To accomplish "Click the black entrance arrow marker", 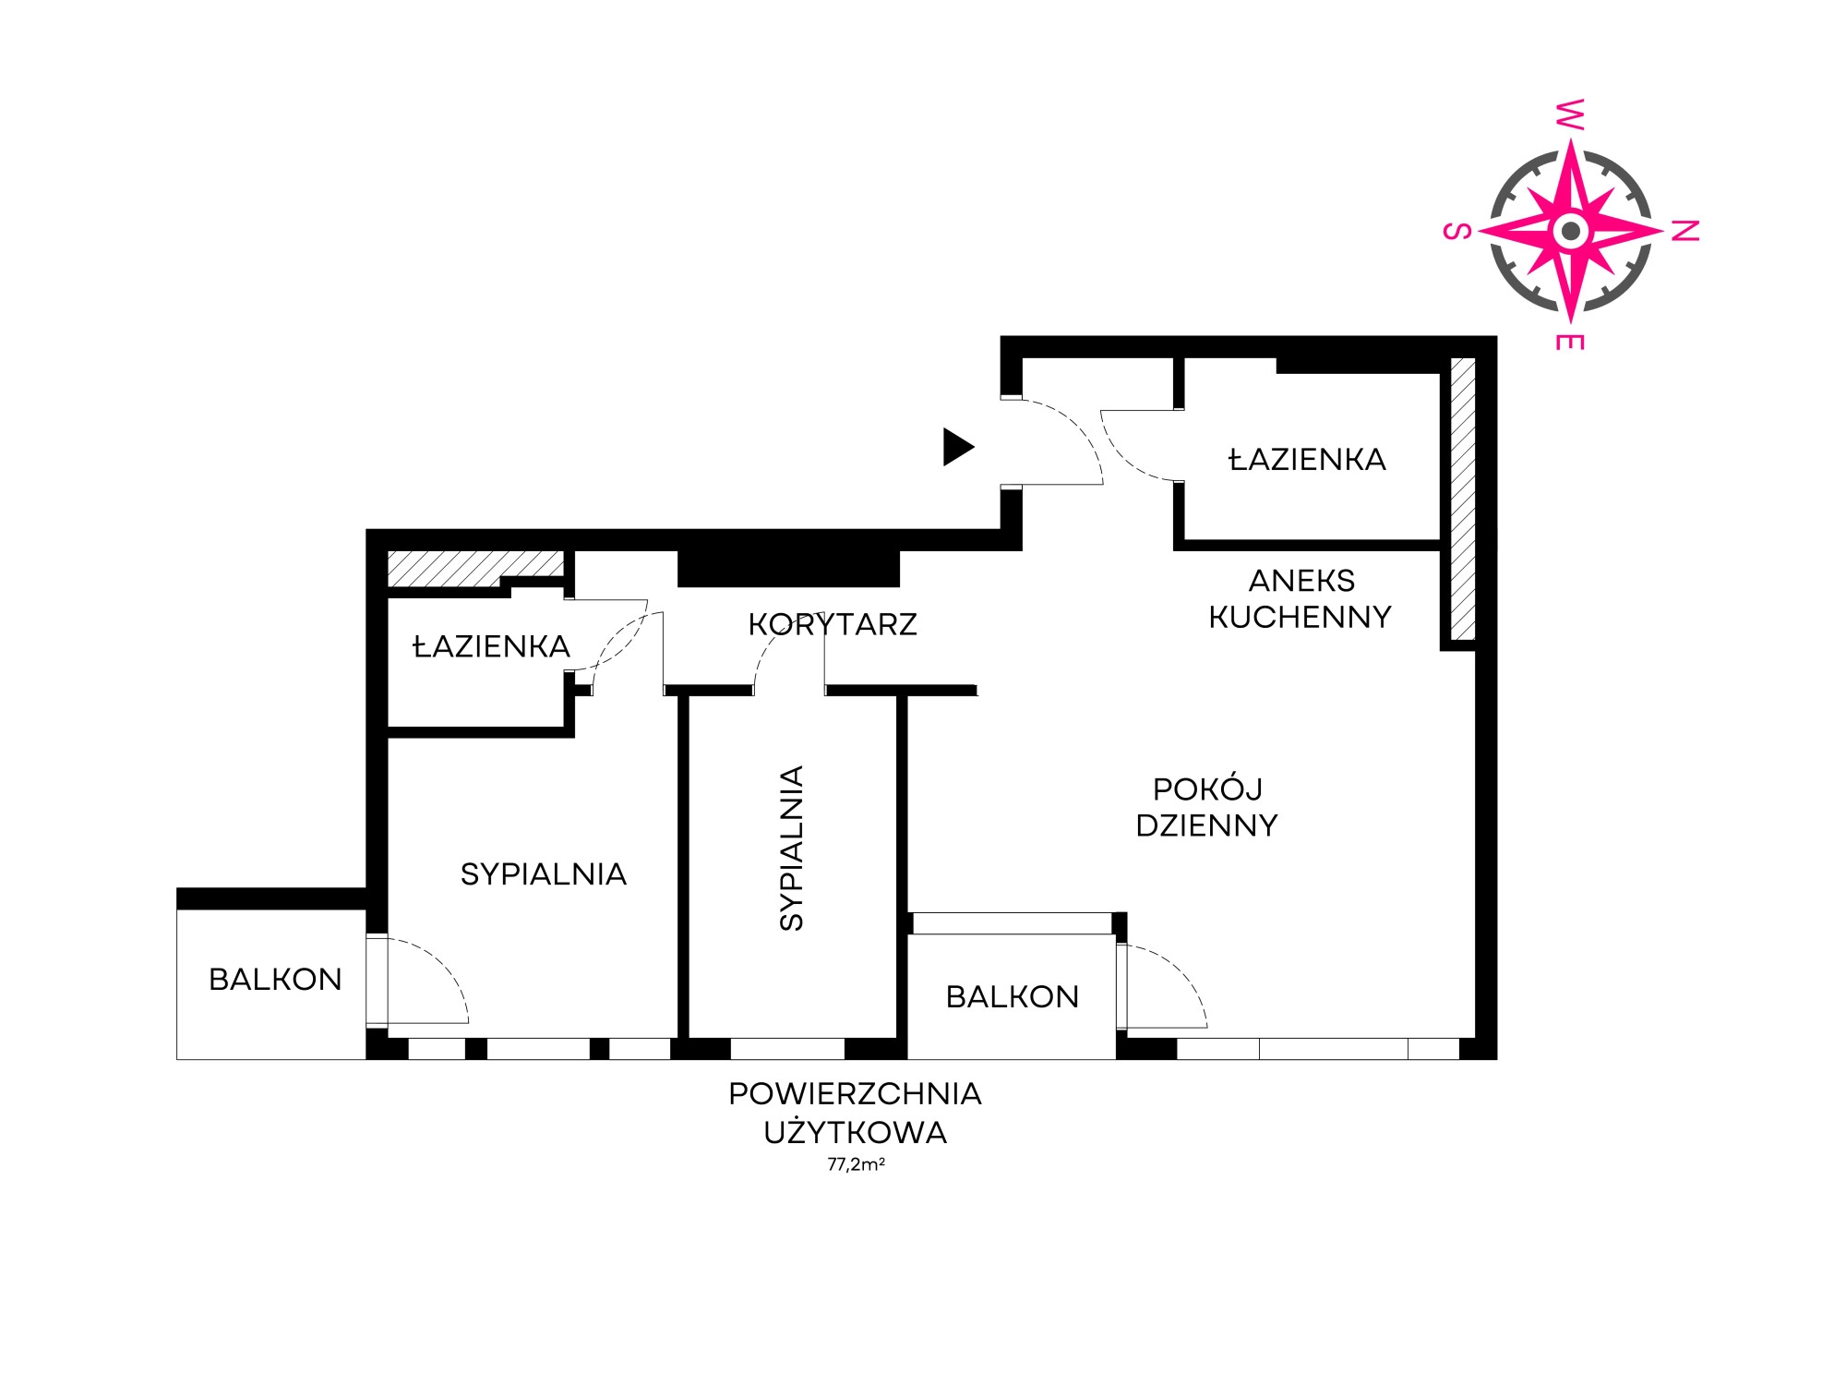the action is [957, 447].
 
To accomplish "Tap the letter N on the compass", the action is [1685, 232].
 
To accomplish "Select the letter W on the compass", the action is [1570, 114].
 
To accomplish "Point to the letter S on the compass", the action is [1457, 231].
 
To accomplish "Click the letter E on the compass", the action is [1570, 343].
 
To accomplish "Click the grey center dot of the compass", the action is [1570, 231].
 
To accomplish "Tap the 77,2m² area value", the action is [856, 1164].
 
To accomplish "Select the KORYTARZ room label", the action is [833, 624].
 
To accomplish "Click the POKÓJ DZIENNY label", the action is [1206, 807].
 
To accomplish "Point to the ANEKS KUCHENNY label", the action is [1301, 598].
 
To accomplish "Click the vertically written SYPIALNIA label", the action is [792, 848].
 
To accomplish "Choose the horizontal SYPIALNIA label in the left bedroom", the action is [544, 873].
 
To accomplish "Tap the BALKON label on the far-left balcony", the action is [275, 979].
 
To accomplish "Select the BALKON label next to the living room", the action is [1013, 996].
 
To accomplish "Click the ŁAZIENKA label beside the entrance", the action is [1307, 458].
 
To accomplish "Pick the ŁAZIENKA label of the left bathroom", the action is [491, 645].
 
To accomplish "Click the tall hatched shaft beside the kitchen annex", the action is [1463, 499].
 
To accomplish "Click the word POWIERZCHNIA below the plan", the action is [855, 1093].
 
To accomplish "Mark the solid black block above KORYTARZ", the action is [788, 568].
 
